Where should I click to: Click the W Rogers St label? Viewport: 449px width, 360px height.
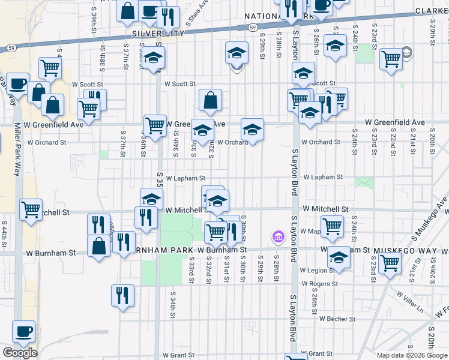tap(321, 283)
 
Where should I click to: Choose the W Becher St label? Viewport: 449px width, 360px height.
tap(337, 319)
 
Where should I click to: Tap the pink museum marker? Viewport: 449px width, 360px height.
tap(277, 237)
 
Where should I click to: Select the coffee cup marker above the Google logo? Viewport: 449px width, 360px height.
tap(24, 331)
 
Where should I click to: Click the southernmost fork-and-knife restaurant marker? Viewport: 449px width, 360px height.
tap(122, 295)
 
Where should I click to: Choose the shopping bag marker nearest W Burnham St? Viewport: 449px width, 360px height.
tap(98, 245)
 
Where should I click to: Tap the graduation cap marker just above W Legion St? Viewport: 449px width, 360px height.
tap(339, 257)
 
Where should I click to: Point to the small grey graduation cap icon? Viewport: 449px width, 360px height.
tap(407, 53)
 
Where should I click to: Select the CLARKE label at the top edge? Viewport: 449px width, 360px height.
tap(432, 11)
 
